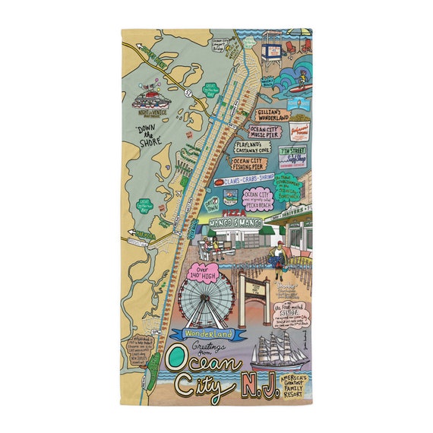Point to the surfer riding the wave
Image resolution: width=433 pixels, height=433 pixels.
(302, 77)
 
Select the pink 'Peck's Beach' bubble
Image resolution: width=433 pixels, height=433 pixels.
(259, 201)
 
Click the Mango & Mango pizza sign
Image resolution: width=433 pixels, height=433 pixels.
(229, 222)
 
